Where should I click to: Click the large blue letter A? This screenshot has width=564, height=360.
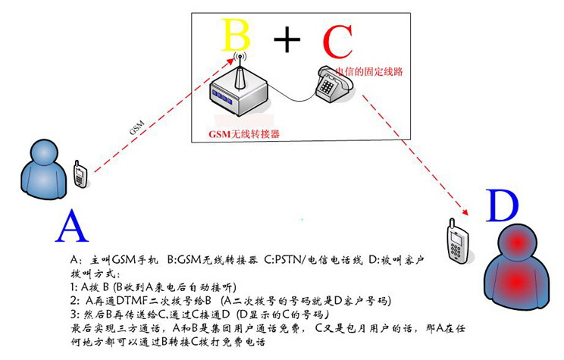point(74,225)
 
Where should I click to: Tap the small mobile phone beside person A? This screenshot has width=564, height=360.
point(79,174)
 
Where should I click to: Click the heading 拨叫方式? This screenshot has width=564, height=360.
point(90,274)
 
